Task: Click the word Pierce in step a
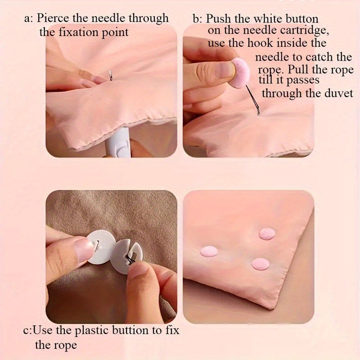click(x=53, y=18)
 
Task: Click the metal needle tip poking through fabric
click(x=111, y=75)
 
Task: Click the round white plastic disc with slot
click(x=101, y=247)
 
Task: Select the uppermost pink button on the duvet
click(x=267, y=234)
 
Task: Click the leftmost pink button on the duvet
click(x=209, y=251)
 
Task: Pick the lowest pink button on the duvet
click(x=260, y=264)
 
